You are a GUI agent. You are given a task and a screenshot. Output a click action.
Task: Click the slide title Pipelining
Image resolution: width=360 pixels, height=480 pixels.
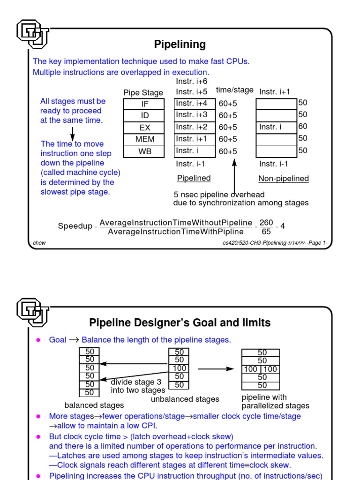[x=180, y=45]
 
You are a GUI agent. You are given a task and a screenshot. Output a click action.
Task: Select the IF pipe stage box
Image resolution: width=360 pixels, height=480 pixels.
[x=144, y=104]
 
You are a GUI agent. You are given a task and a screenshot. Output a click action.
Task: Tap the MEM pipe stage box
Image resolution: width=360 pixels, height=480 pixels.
[x=144, y=140]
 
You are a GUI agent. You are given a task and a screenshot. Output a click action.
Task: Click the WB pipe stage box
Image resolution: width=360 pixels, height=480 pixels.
[x=144, y=152]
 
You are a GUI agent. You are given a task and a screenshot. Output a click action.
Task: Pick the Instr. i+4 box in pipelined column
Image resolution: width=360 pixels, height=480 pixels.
[x=195, y=103]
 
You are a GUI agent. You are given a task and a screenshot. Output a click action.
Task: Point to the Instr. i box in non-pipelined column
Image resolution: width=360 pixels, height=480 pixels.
[x=277, y=127]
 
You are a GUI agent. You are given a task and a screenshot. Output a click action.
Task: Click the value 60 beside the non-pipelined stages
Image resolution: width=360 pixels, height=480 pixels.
[x=303, y=127]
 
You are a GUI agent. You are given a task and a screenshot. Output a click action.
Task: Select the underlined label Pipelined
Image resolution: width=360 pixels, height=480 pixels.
[x=194, y=179]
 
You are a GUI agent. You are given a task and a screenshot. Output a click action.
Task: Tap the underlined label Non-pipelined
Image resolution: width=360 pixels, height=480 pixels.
[x=284, y=179]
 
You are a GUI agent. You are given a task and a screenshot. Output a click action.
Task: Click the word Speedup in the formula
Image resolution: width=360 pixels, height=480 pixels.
[x=75, y=226]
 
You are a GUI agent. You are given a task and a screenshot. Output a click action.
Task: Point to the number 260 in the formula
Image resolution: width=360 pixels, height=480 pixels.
[x=266, y=222]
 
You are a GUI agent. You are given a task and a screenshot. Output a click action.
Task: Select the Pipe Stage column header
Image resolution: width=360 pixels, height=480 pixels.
[x=143, y=93]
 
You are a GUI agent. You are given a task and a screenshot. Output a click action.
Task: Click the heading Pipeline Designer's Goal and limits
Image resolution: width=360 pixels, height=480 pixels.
[x=180, y=323]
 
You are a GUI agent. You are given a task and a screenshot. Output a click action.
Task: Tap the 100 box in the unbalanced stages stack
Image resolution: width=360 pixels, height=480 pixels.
[x=179, y=368]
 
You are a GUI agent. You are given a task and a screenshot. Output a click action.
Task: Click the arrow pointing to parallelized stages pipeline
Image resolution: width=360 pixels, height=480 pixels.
[x=215, y=369]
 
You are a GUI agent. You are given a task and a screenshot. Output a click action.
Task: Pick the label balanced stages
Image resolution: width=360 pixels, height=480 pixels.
[x=94, y=405]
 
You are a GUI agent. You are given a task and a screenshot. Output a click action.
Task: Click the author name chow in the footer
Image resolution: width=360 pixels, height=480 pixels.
[x=39, y=243]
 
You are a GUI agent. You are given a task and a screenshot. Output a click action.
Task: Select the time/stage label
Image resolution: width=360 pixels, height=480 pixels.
[x=234, y=90]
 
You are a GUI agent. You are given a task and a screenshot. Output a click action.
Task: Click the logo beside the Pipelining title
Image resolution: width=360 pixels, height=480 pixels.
[x=32, y=34]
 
